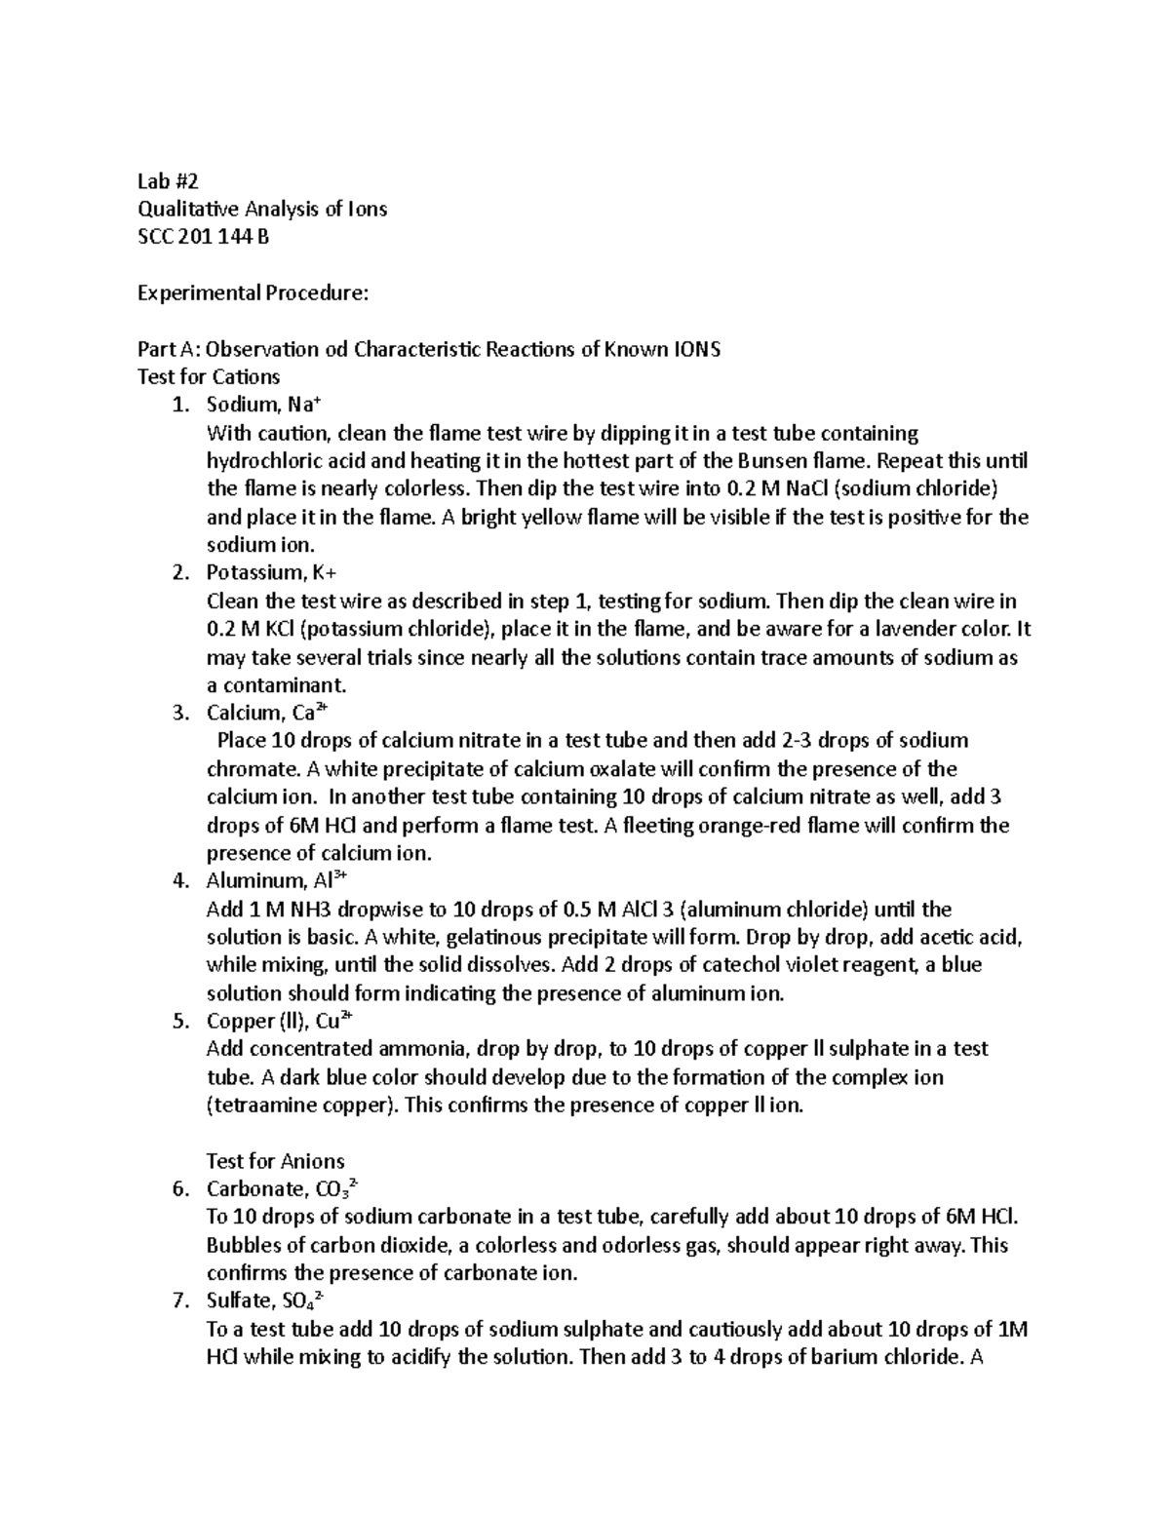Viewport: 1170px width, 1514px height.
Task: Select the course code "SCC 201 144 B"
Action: point(203,237)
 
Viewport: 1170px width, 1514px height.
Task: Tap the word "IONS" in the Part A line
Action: point(696,349)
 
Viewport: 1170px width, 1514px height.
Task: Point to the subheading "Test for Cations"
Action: point(210,377)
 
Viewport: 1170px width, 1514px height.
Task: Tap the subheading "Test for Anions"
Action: point(276,1162)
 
